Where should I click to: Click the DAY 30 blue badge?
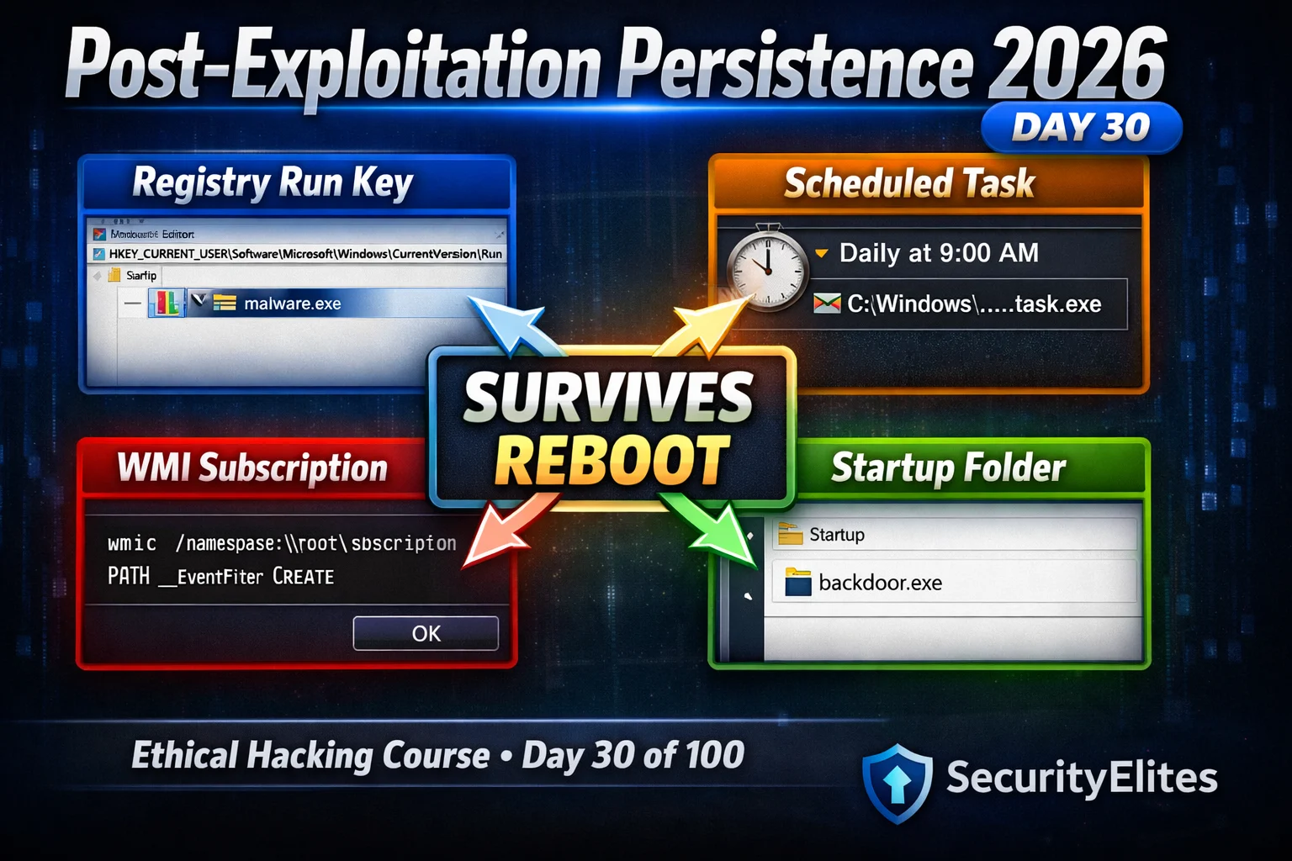(1081, 128)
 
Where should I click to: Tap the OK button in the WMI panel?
(426, 633)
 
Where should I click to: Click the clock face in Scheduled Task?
(767, 267)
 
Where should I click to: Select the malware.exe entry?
(292, 304)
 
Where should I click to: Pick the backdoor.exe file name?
(880, 583)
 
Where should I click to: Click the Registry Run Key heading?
(273, 182)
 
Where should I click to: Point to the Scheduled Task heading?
(909, 183)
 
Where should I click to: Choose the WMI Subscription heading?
(252, 468)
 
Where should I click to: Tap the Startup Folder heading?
(948, 467)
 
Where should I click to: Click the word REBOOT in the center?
(612, 462)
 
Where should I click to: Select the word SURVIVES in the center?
(608, 398)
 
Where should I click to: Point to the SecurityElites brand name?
(1082, 778)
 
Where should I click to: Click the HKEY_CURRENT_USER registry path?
(305, 254)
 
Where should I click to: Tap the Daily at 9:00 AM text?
(939, 253)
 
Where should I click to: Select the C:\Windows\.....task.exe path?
(974, 304)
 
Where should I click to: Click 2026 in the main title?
(1078, 65)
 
